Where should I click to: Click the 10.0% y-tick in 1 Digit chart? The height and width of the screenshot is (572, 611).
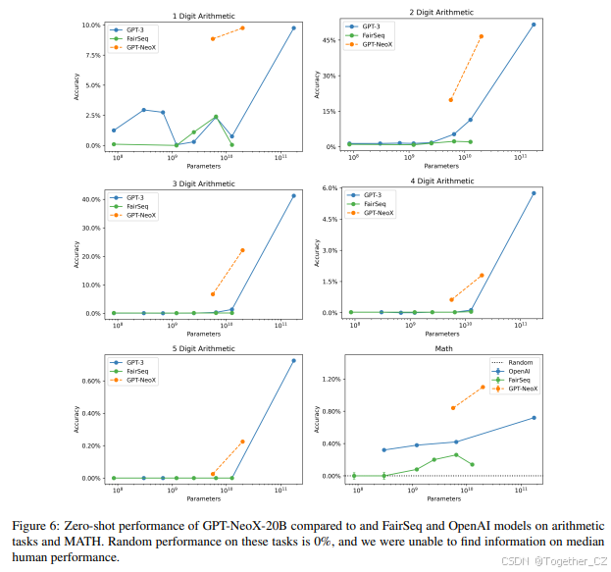[90, 25]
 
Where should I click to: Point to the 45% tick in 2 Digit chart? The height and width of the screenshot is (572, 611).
[331, 41]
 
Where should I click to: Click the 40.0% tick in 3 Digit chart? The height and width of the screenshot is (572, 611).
[90, 199]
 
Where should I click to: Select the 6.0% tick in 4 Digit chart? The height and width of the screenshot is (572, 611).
[330, 188]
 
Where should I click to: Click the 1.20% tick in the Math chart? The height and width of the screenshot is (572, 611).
[329, 379]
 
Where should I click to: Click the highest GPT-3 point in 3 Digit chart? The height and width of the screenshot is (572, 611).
[293, 195]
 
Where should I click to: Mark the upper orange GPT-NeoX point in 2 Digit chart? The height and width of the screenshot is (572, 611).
[482, 36]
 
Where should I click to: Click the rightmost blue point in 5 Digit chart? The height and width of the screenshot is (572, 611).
[293, 360]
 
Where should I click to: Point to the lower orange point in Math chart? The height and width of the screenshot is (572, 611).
[452, 407]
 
